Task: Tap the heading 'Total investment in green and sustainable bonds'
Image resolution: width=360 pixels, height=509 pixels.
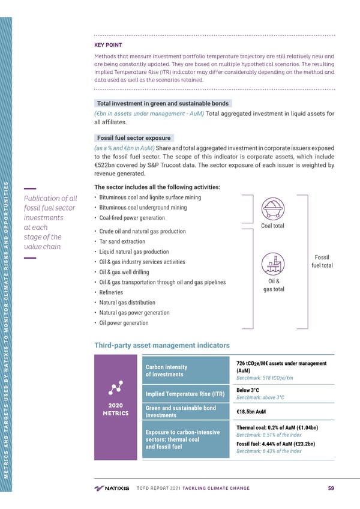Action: [163, 103]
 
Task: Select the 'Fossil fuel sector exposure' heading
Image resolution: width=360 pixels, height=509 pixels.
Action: [134, 137]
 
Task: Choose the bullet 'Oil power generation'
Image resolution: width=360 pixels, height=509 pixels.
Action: [124, 323]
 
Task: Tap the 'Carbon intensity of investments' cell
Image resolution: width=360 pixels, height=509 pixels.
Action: [167, 370]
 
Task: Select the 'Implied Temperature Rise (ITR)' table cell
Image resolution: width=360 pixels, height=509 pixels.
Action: [185, 394]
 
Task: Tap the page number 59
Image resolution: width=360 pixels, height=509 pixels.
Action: [331, 488]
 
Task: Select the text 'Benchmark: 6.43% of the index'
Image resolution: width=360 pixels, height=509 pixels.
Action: [269, 451]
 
